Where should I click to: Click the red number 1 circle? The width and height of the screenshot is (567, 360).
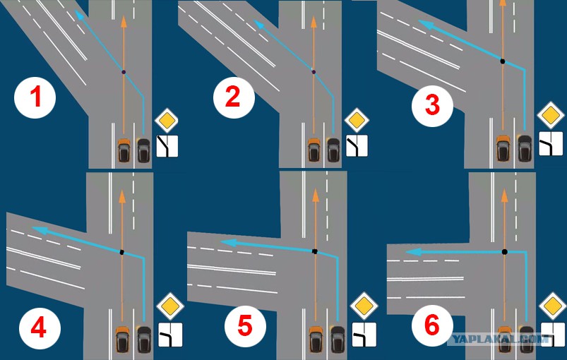pyautogui.click(x=35, y=97)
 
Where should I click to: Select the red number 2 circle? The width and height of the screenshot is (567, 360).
pyautogui.click(x=234, y=97)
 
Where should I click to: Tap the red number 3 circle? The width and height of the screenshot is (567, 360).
pyautogui.click(x=432, y=106)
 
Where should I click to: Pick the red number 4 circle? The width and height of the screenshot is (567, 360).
pyautogui.click(x=40, y=328)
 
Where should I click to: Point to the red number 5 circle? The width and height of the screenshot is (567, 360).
pyautogui.click(x=245, y=326)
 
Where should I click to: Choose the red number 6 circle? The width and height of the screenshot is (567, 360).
pyautogui.click(x=432, y=325)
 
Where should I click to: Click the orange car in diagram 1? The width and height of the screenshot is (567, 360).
pyautogui.click(x=124, y=150)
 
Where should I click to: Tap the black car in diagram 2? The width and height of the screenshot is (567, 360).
pyautogui.click(x=333, y=150)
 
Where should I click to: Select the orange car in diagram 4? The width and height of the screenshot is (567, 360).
pyautogui.click(x=123, y=339)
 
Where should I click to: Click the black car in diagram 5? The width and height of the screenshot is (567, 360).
pyautogui.click(x=338, y=339)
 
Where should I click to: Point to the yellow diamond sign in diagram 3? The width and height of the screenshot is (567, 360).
pyautogui.click(x=551, y=115)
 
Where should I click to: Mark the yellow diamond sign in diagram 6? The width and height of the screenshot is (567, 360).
pyautogui.click(x=553, y=306)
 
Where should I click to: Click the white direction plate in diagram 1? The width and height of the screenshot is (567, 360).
pyautogui.click(x=167, y=146)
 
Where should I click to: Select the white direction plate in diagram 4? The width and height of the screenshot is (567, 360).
pyautogui.click(x=170, y=335)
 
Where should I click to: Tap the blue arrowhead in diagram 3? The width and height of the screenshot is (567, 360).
pyautogui.click(x=426, y=25)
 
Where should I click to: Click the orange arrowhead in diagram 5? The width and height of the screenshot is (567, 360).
pyautogui.click(x=316, y=196)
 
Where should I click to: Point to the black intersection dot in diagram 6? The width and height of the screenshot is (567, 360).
pyautogui.click(x=504, y=251)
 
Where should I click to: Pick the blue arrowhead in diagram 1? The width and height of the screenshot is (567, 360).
pyautogui.click(x=79, y=15)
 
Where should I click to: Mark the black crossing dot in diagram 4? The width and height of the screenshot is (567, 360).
pyautogui.click(x=122, y=252)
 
